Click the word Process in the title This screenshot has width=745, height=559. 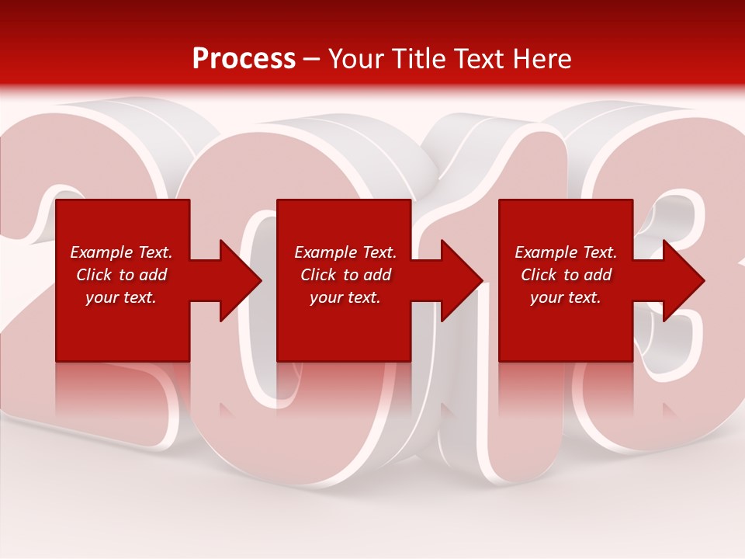point(244,59)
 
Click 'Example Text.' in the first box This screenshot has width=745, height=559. point(121,252)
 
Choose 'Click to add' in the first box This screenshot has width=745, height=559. point(121,275)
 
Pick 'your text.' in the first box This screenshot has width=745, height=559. point(121,297)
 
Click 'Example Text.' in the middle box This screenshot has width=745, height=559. point(345,252)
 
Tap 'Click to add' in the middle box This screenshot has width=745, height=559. point(345,275)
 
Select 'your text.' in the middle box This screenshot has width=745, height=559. point(345,297)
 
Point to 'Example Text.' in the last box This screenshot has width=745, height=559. point(566,252)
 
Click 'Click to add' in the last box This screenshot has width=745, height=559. point(566,275)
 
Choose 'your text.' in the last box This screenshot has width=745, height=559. point(566,297)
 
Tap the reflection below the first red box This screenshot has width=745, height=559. point(123,388)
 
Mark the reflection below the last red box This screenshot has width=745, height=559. point(566,388)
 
